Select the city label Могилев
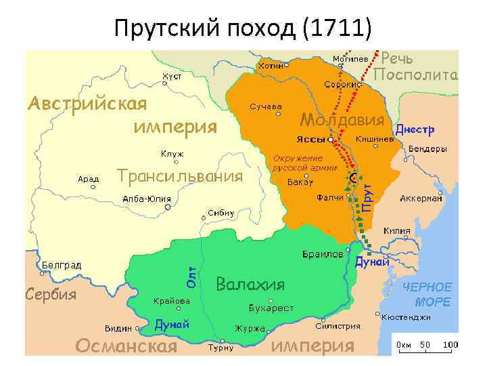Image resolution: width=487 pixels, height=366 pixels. [350, 58]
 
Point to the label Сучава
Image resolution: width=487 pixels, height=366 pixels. [266, 107]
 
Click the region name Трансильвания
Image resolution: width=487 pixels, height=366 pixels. [180, 177]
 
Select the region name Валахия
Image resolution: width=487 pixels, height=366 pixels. [250, 283]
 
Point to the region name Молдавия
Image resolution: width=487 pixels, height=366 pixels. [342, 120]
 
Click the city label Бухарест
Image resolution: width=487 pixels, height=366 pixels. [271, 308]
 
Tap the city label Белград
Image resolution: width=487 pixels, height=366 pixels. [62, 264]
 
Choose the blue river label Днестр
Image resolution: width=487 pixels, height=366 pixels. [415, 129]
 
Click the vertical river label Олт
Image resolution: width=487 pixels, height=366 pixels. [192, 274]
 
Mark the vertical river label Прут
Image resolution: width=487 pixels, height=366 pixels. [366, 196]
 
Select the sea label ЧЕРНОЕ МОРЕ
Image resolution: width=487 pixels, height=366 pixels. [427, 294]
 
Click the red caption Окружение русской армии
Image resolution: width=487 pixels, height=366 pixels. [298, 162]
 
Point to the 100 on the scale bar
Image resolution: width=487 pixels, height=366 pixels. [450, 344]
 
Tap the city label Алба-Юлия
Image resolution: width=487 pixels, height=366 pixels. [146, 199]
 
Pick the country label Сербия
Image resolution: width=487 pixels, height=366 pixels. [51, 294]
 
